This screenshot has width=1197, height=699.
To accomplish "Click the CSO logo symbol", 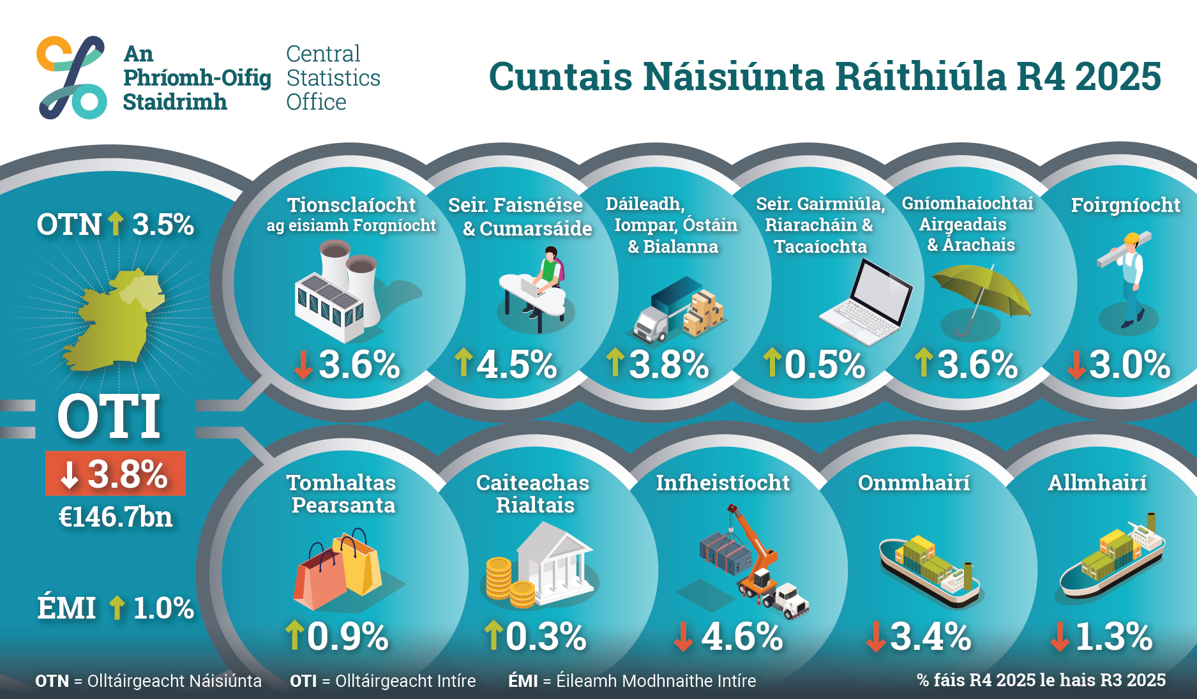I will pyautogui.click(x=72, y=77).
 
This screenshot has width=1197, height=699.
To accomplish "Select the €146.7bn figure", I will pyautogui.click(x=116, y=517).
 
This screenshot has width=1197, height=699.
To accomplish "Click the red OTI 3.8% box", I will pyautogui.click(x=116, y=474).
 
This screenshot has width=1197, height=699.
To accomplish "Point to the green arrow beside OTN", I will pyautogui.click(x=116, y=223).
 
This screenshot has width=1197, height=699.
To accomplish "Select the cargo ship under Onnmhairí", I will pyautogui.click(x=929, y=568).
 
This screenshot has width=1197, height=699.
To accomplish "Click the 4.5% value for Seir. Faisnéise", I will pyautogui.click(x=517, y=365).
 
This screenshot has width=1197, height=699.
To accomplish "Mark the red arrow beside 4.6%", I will pyautogui.click(x=683, y=636).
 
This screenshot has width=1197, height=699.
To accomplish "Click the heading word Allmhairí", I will pyautogui.click(x=1097, y=483).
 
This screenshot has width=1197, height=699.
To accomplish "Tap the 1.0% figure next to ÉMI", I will pyautogui.click(x=163, y=608).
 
